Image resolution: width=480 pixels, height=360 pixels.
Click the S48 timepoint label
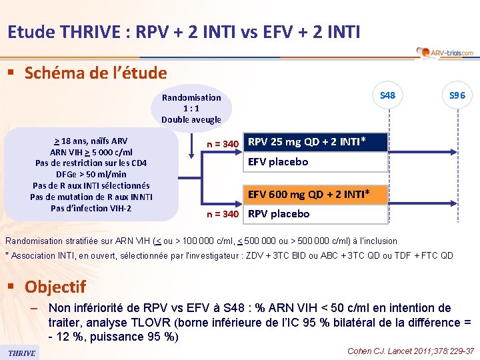[x=387, y=95]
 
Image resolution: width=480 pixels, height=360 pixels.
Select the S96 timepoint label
[x=457, y=95]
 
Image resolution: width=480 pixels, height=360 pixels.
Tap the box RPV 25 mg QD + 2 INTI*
[x=316, y=142]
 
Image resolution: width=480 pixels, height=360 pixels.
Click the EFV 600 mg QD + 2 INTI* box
[x=316, y=194]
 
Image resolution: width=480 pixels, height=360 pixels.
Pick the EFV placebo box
[x=316, y=162]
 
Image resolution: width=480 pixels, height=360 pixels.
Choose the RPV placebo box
[x=316, y=214]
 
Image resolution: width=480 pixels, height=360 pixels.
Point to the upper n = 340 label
[x=223, y=144]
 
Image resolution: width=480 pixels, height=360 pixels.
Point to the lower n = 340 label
[x=223, y=214]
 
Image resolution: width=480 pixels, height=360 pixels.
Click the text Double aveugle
[x=191, y=119]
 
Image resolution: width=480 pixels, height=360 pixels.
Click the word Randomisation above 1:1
[x=191, y=98]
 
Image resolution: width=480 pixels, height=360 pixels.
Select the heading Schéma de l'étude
[x=95, y=73]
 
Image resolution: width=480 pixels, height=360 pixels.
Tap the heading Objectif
[x=55, y=287]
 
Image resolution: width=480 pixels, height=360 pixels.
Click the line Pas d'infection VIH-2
[x=91, y=208]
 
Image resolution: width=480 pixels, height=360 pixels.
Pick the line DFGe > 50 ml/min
[x=91, y=174]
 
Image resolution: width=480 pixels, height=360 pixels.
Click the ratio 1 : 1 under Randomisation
[x=191, y=109]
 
